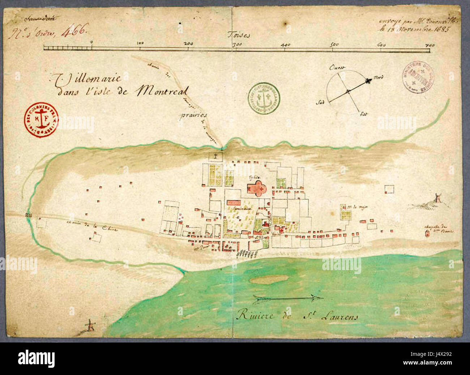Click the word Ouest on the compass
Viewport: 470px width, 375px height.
click(x=337, y=67)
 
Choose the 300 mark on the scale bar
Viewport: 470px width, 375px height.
click(x=237, y=44)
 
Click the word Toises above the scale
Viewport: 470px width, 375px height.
click(x=239, y=35)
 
